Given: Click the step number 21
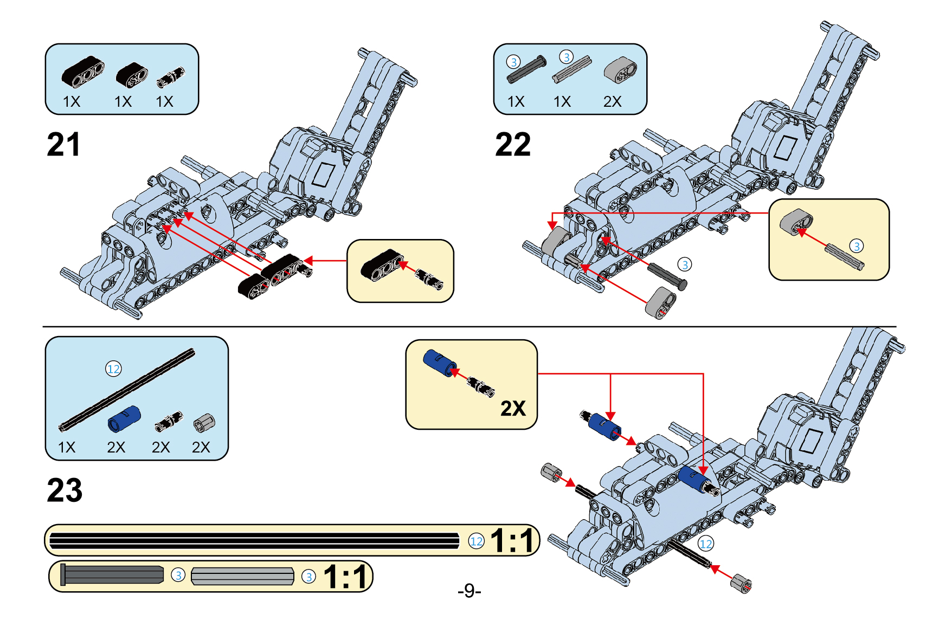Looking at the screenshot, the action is (x=63, y=145).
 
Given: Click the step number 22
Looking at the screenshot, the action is (x=513, y=145).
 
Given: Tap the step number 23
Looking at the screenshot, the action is (x=65, y=490).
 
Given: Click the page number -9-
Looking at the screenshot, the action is (x=470, y=590).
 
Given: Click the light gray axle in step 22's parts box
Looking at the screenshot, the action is (x=572, y=69).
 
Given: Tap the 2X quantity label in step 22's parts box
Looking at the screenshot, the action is (x=613, y=101).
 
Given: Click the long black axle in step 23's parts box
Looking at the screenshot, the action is (x=127, y=390).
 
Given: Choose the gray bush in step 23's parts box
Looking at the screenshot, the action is (x=204, y=423).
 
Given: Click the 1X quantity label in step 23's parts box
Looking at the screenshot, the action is (x=67, y=447).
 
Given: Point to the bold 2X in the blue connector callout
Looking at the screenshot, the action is (x=513, y=408).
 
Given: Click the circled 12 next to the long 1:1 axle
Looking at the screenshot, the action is (x=476, y=541).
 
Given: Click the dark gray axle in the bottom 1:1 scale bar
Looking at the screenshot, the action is (x=112, y=574).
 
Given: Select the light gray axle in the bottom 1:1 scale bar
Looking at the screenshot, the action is (x=242, y=576).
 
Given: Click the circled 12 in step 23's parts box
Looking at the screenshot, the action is (x=113, y=369).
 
